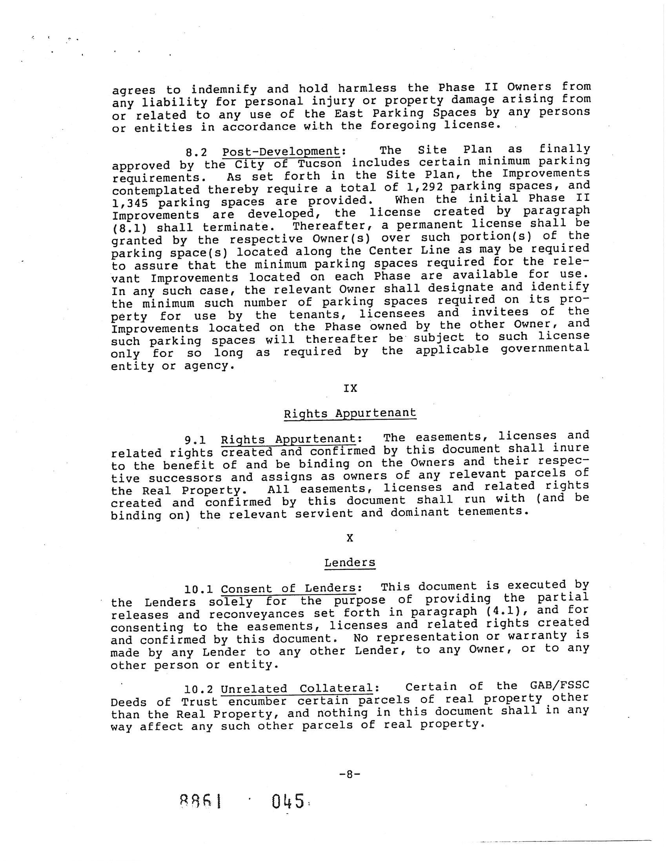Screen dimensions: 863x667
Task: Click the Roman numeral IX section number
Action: click(350, 388)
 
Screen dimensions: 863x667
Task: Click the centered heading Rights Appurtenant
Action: click(350, 413)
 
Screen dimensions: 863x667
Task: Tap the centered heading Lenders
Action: click(350, 562)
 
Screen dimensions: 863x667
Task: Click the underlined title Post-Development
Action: click(281, 151)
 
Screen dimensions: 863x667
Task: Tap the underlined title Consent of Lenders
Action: click(288, 588)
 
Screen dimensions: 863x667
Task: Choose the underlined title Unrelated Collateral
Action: click(296, 688)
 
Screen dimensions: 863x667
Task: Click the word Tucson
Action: click(319, 163)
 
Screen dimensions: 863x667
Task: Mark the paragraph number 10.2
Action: click(199, 689)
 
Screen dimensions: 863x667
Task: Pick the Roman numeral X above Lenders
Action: click(350, 538)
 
